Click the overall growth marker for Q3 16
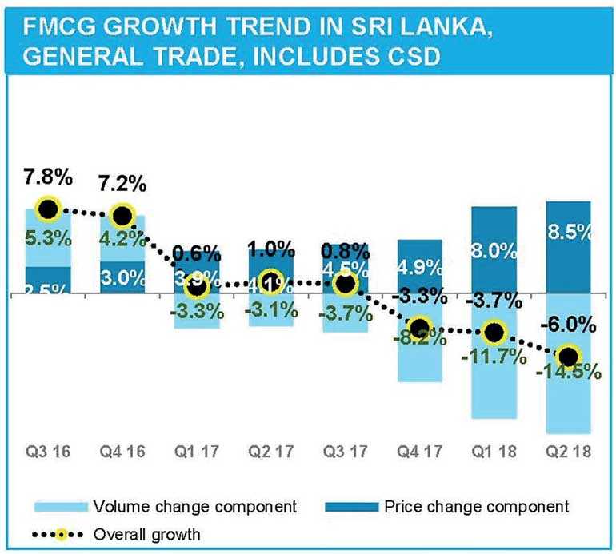point(47,209)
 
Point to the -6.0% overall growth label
point(569,326)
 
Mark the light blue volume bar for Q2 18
point(569,400)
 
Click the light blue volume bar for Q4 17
point(419,360)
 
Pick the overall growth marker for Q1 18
point(494,332)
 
